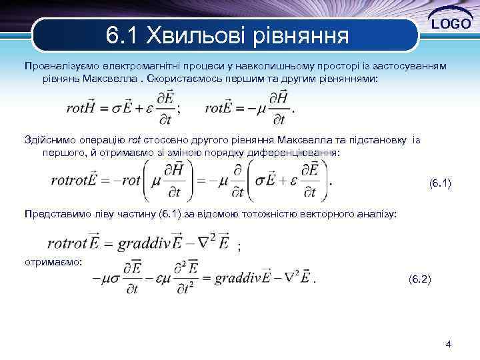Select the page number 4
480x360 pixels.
[x=448, y=345]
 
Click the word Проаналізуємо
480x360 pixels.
[x=56, y=67]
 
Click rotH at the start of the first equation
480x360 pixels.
[x=82, y=108]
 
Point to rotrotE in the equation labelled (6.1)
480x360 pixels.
[x=73, y=181]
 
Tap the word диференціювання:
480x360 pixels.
[x=300, y=153]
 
